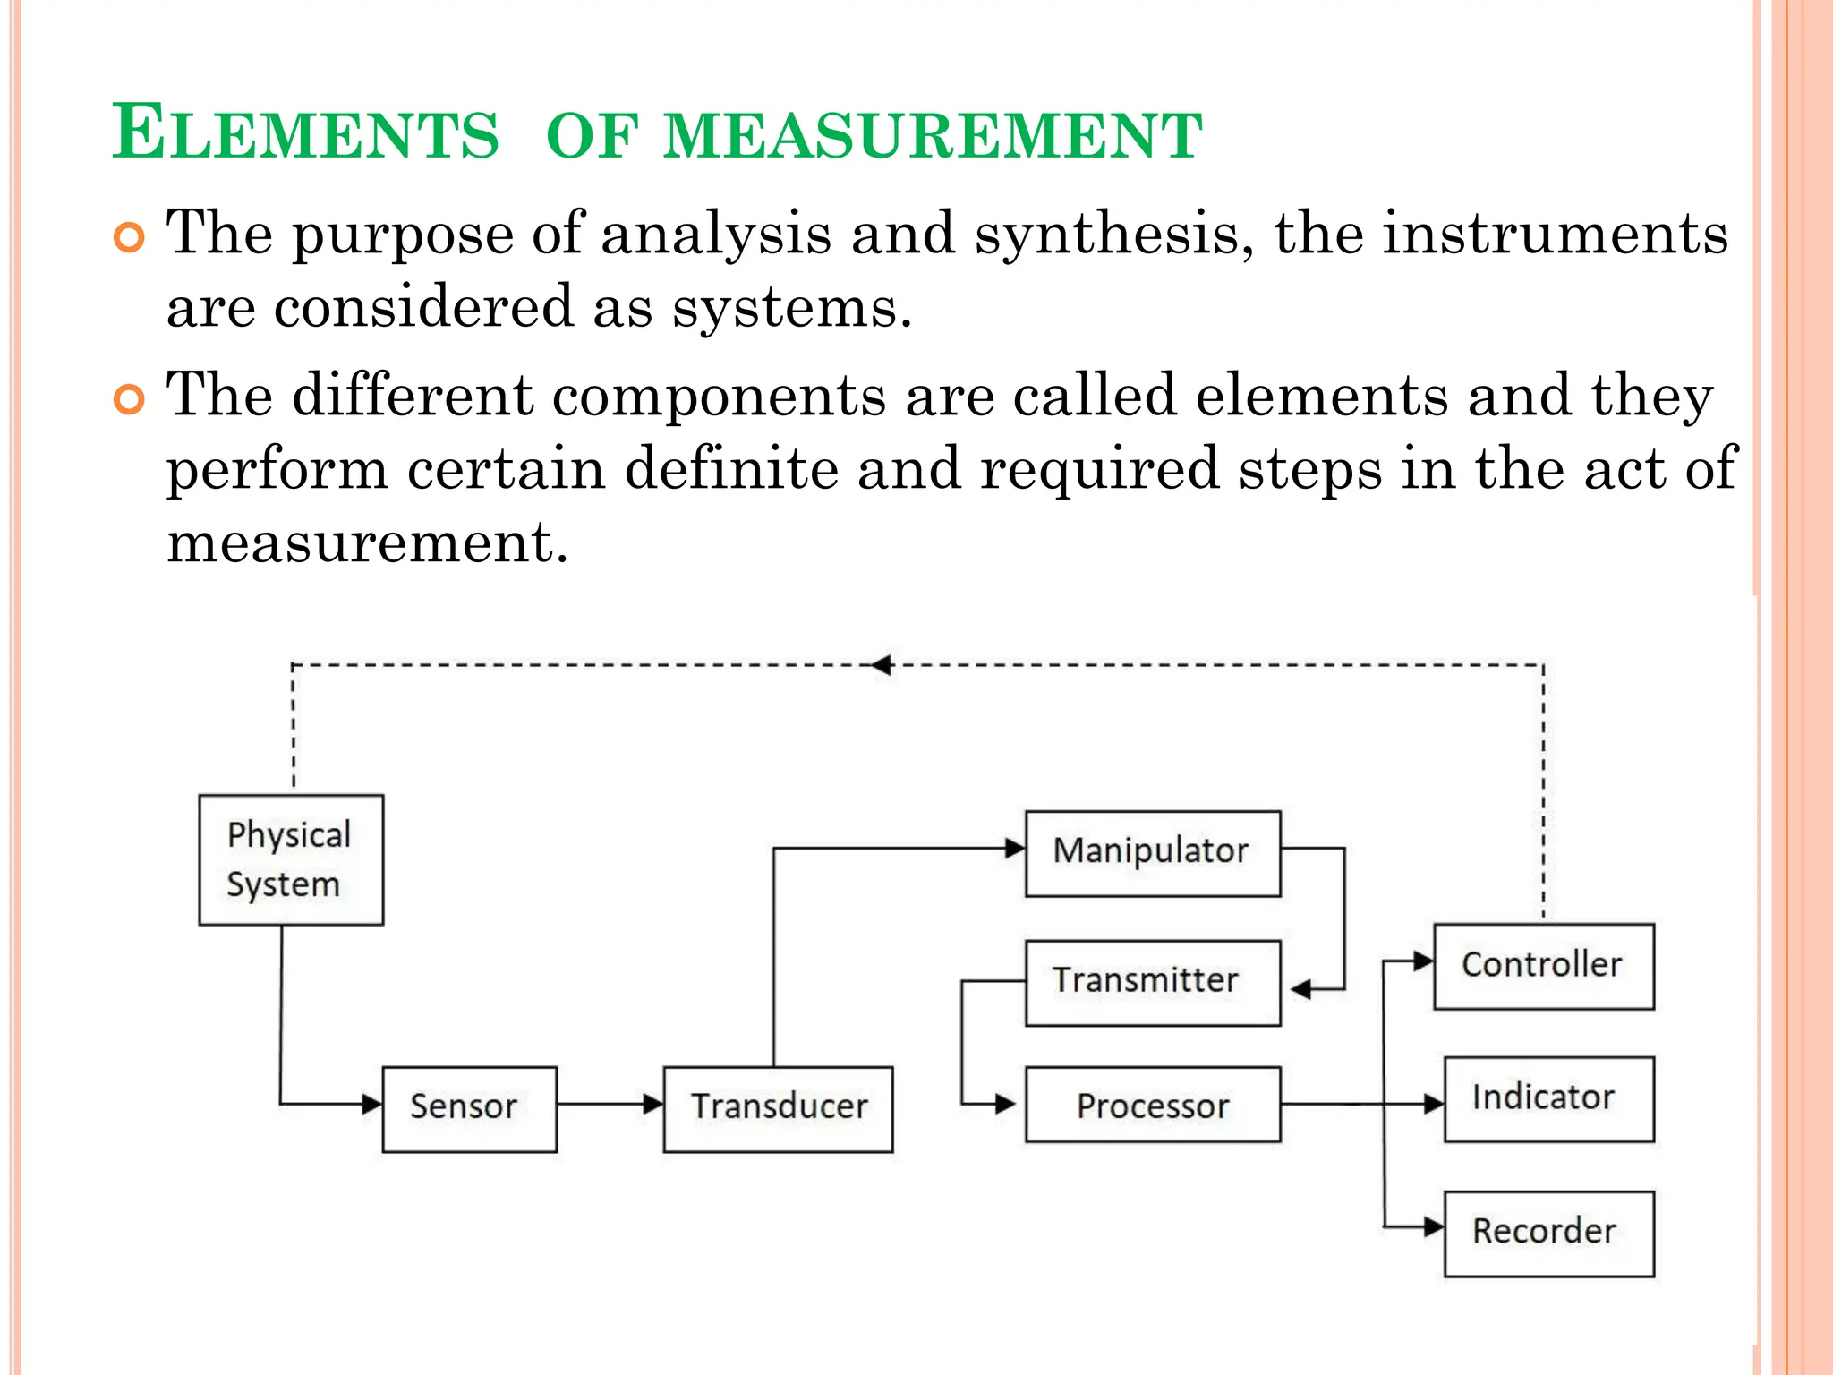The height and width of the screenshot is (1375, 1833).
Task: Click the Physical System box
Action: (291, 859)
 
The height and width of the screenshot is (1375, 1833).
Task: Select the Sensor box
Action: (469, 1108)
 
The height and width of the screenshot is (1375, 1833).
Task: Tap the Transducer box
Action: (778, 1108)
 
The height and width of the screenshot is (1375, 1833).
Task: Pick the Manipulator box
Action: (1153, 853)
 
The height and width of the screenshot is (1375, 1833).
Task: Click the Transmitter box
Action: (1153, 982)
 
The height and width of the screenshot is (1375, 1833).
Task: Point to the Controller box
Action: (1544, 966)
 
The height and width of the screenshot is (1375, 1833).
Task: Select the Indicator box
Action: (1548, 1098)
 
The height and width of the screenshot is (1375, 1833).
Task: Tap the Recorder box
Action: (1548, 1233)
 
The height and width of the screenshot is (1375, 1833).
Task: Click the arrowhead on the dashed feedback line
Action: (882, 665)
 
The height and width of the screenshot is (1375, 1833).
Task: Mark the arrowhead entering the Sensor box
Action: (372, 1104)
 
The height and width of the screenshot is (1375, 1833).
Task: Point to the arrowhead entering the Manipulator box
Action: (1015, 848)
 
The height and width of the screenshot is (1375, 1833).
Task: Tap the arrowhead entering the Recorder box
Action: (1434, 1226)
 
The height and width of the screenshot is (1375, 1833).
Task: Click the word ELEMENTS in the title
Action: (305, 134)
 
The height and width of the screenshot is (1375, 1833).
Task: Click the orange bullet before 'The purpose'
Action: (130, 238)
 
